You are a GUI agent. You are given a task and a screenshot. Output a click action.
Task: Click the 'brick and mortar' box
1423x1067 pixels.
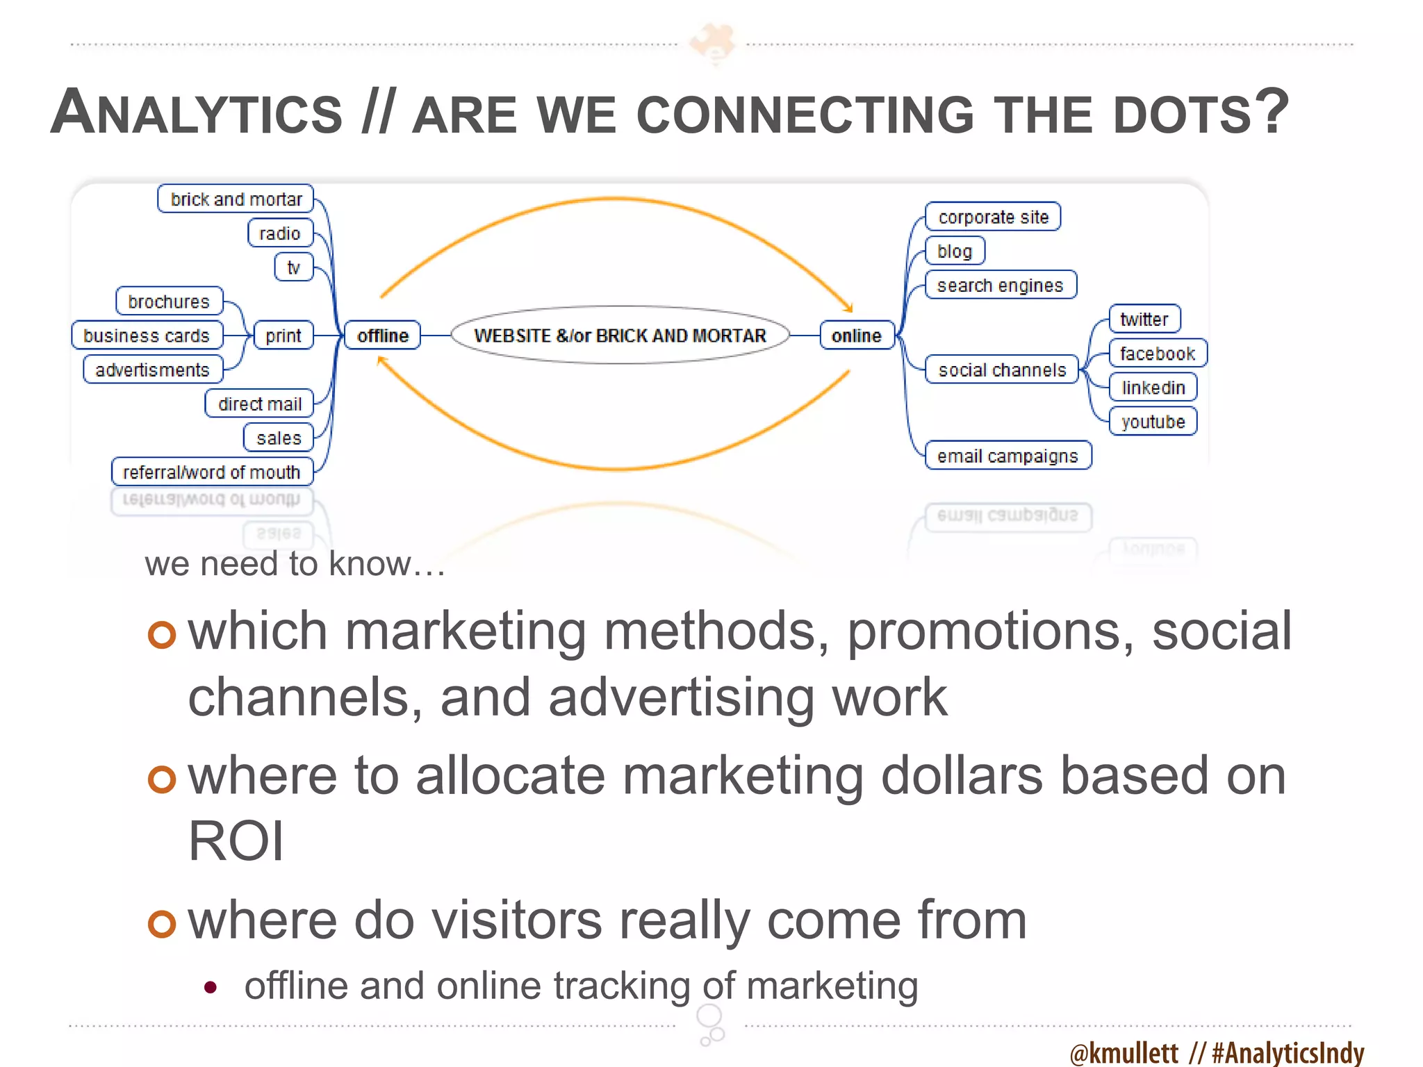coord(236,199)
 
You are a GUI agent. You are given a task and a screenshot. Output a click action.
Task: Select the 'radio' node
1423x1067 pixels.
coord(280,233)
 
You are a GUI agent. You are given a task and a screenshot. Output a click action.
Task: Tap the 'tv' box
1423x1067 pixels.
coord(294,267)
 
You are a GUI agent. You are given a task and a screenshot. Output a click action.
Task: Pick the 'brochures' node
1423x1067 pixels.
coord(169,301)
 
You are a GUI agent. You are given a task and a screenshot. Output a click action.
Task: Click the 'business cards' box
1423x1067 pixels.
coord(147,336)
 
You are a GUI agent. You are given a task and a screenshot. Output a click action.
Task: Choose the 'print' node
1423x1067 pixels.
coord(283,336)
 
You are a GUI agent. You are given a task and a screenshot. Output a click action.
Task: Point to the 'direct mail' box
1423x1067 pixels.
coord(259,404)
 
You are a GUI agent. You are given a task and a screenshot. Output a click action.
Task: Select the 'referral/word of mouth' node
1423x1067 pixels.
coord(212,472)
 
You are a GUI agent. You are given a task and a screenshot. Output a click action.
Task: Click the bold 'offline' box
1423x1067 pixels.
coord(383,336)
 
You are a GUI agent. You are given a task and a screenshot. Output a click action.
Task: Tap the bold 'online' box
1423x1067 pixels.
coord(857,336)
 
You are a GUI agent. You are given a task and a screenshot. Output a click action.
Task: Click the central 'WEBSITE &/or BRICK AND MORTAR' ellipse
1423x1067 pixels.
coord(620,336)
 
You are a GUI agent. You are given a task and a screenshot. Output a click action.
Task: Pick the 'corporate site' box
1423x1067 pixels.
coord(993,217)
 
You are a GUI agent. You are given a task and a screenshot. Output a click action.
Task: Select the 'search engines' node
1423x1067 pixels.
coord(1001,285)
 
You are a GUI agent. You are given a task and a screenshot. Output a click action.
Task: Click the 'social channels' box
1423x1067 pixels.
coord(1002,370)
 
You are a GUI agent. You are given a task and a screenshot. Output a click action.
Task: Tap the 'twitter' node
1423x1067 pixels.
coord(1144,319)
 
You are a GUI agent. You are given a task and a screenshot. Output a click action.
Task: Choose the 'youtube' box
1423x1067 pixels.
coord(1153,422)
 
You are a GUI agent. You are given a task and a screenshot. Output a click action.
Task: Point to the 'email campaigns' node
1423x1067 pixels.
coord(1007,456)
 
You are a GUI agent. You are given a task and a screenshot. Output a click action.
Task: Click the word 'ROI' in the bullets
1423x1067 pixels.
coord(236,841)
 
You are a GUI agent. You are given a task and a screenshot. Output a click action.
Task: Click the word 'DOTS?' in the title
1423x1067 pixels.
coord(1201,113)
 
